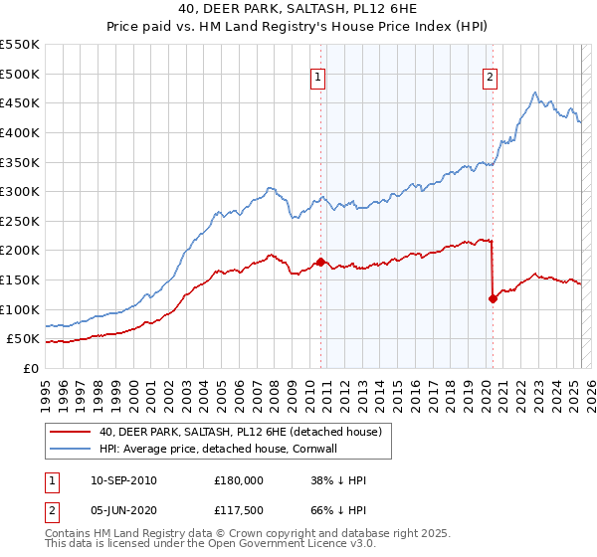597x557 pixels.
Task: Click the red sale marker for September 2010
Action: pos(320,262)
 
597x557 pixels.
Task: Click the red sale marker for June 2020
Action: pos(493,297)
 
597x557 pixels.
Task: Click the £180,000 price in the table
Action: pos(239,480)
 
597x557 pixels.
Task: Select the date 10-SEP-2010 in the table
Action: pos(123,480)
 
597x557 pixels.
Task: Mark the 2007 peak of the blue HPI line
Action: pos(269,187)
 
